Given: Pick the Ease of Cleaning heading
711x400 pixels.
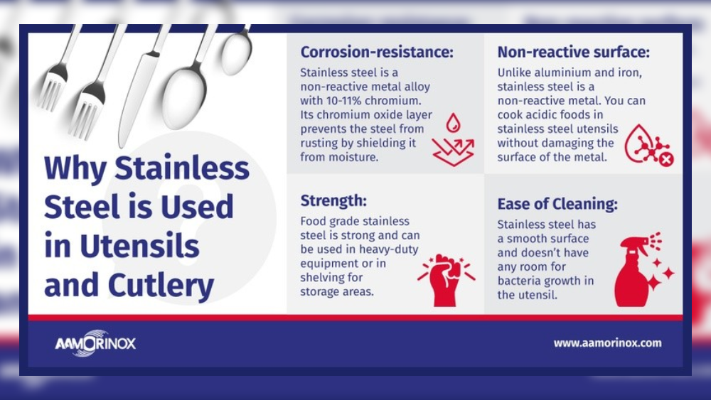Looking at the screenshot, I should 557,205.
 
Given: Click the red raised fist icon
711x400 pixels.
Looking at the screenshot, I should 444,279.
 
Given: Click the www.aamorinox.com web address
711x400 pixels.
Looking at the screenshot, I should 607,343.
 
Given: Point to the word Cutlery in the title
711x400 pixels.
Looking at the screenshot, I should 161,285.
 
